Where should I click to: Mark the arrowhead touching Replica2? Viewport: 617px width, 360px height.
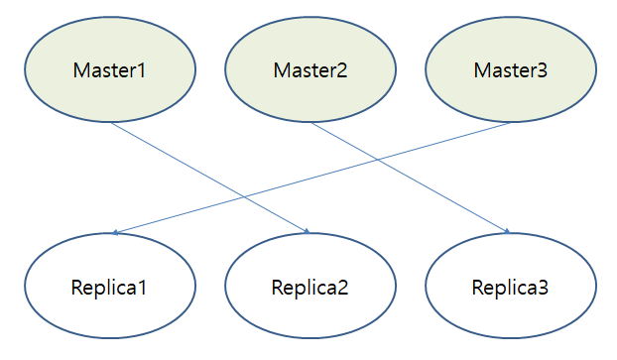click(308, 232)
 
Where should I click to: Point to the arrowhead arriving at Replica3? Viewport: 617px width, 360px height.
click(508, 232)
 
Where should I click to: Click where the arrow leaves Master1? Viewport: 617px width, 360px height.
click(111, 123)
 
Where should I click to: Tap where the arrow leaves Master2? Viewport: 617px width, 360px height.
click(311, 123)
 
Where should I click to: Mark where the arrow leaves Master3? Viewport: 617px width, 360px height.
click(512, 122)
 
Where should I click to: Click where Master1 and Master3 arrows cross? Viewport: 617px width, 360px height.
click(245, 196)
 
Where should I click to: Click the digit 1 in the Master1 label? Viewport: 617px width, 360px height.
click(141, 70)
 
